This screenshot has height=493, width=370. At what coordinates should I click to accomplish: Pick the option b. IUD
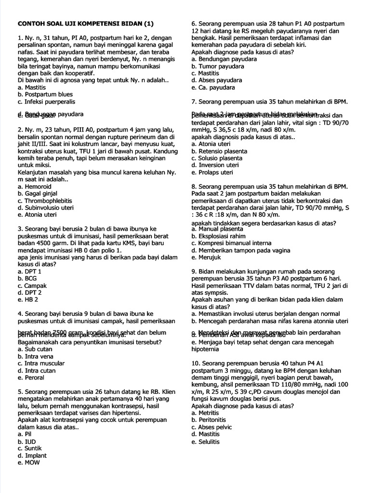click(x=26, y=441)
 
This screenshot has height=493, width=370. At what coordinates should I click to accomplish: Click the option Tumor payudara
click(x=217, y=66)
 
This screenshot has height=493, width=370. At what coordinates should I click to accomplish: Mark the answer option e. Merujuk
click(x=207, y=258)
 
